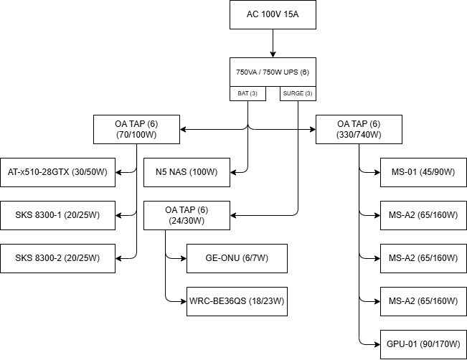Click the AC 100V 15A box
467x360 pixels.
273,14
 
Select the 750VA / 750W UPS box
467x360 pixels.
273,72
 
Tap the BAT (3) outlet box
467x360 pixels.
247,94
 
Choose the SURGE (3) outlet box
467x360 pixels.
298,94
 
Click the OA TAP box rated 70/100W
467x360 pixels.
136,129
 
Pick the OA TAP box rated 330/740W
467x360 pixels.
359,129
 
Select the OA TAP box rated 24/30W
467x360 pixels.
187,215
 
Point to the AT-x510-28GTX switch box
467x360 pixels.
57,172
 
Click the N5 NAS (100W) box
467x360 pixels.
187,172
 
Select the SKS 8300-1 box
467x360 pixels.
57,215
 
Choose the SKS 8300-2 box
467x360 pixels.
57,258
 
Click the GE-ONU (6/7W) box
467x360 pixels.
237,258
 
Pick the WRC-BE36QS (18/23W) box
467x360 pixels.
237,301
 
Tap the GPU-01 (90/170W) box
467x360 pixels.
423,344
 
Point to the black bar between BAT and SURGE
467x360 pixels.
273,94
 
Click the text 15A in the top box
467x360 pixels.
290,14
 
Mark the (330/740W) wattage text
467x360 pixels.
359,135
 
